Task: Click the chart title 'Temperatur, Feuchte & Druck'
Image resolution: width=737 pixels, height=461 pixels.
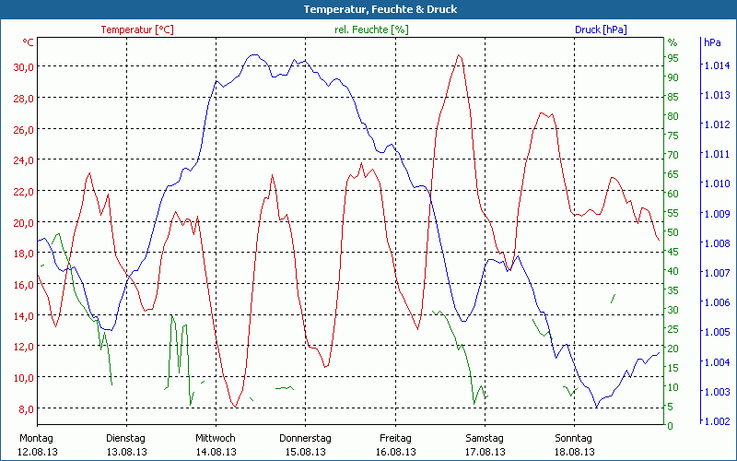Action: coord(368,9)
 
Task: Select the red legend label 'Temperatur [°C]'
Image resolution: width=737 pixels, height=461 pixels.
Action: coord(137,30)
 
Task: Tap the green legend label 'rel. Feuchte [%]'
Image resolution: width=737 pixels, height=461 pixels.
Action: coord(372,30)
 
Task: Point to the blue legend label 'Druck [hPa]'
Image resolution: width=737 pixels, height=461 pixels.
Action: coord(601,30)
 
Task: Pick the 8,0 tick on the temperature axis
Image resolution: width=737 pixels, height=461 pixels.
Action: coord(24,408)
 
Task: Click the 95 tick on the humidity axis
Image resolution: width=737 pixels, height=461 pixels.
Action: coord(673,58)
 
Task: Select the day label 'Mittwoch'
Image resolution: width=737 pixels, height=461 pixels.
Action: coord(216,438)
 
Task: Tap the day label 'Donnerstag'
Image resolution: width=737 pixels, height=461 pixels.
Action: coord(305,438)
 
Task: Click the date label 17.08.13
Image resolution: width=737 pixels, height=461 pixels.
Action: coord(485,452)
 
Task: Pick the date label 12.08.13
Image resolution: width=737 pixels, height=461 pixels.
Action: coord(37,452)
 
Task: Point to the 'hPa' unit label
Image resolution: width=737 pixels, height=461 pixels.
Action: coord(712,42)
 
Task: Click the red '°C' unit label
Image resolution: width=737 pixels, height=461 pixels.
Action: coord(29,42)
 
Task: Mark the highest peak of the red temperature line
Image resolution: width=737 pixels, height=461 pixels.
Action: coord(458,54)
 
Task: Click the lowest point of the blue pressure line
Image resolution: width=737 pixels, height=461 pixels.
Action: coord(597,407)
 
